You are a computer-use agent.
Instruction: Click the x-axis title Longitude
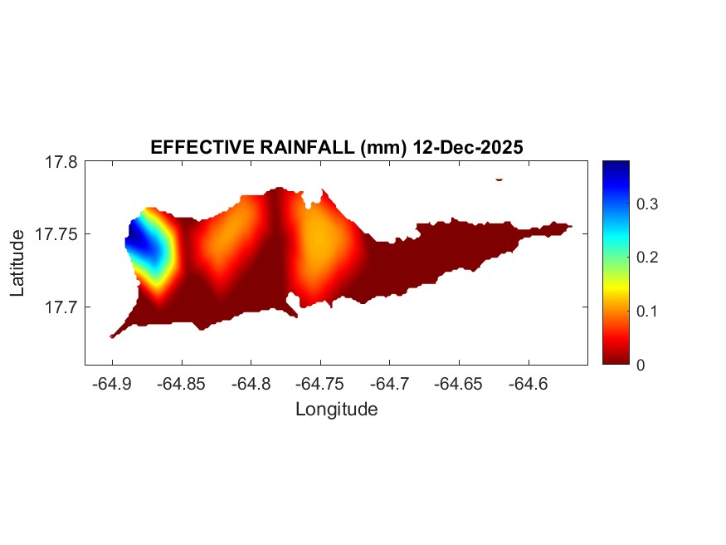click(336, 409)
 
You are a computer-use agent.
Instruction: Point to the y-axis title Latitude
click(18, 263)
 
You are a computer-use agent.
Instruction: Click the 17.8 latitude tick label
click(61, 162)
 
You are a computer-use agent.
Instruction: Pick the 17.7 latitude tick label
click(61, 307)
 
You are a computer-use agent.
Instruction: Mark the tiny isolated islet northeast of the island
click(499, 179)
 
